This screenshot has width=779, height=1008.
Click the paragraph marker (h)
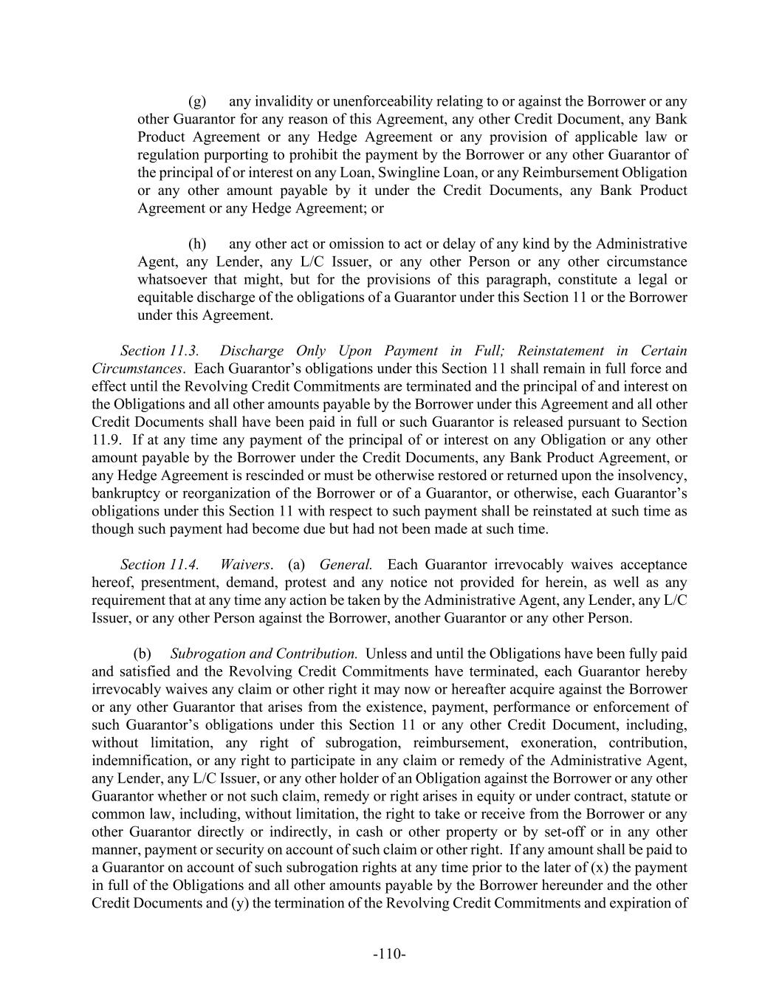coord(197,244)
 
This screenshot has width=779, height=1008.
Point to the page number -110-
coord(389,954)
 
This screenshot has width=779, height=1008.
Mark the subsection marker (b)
coord(142,654)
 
